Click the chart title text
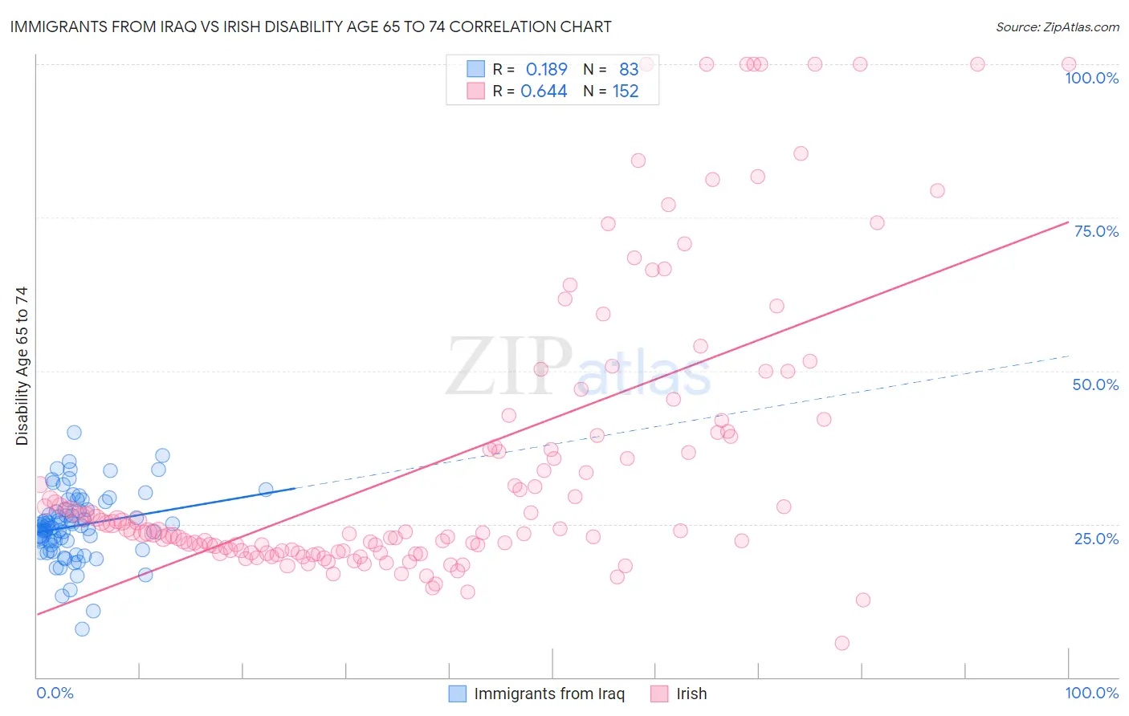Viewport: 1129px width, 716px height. coord(311,26)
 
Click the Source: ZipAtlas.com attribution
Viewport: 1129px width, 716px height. coord(1057,26)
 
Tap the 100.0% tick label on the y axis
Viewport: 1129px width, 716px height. coord(1091,78)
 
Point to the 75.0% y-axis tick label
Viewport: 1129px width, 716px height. coord(1096,231)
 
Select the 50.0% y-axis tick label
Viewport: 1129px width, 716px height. coord(1095,384)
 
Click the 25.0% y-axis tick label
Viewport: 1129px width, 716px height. coord(1096,538)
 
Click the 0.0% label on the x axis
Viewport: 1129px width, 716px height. coord(55,693)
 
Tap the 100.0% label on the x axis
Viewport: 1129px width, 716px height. coord(1091,693)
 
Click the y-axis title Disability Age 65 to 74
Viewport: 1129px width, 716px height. coord(22,365)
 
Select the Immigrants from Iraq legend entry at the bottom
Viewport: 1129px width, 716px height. coord(548,694)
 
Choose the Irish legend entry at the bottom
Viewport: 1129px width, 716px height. coord(691,694)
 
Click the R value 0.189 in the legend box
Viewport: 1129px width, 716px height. coord(546,69)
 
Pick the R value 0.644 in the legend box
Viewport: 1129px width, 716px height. coord(544,92)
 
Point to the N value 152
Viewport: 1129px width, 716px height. coord(626,92)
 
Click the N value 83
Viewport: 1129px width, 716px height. coord(629,69)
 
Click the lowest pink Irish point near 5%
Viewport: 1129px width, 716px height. coord(842,643)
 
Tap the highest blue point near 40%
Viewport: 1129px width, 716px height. coord(74,432)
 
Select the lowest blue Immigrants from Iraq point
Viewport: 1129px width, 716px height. coord(82,629)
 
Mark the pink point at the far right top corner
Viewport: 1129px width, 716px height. coord(1069,64)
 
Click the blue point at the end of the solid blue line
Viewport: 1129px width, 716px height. coord(266,489)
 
